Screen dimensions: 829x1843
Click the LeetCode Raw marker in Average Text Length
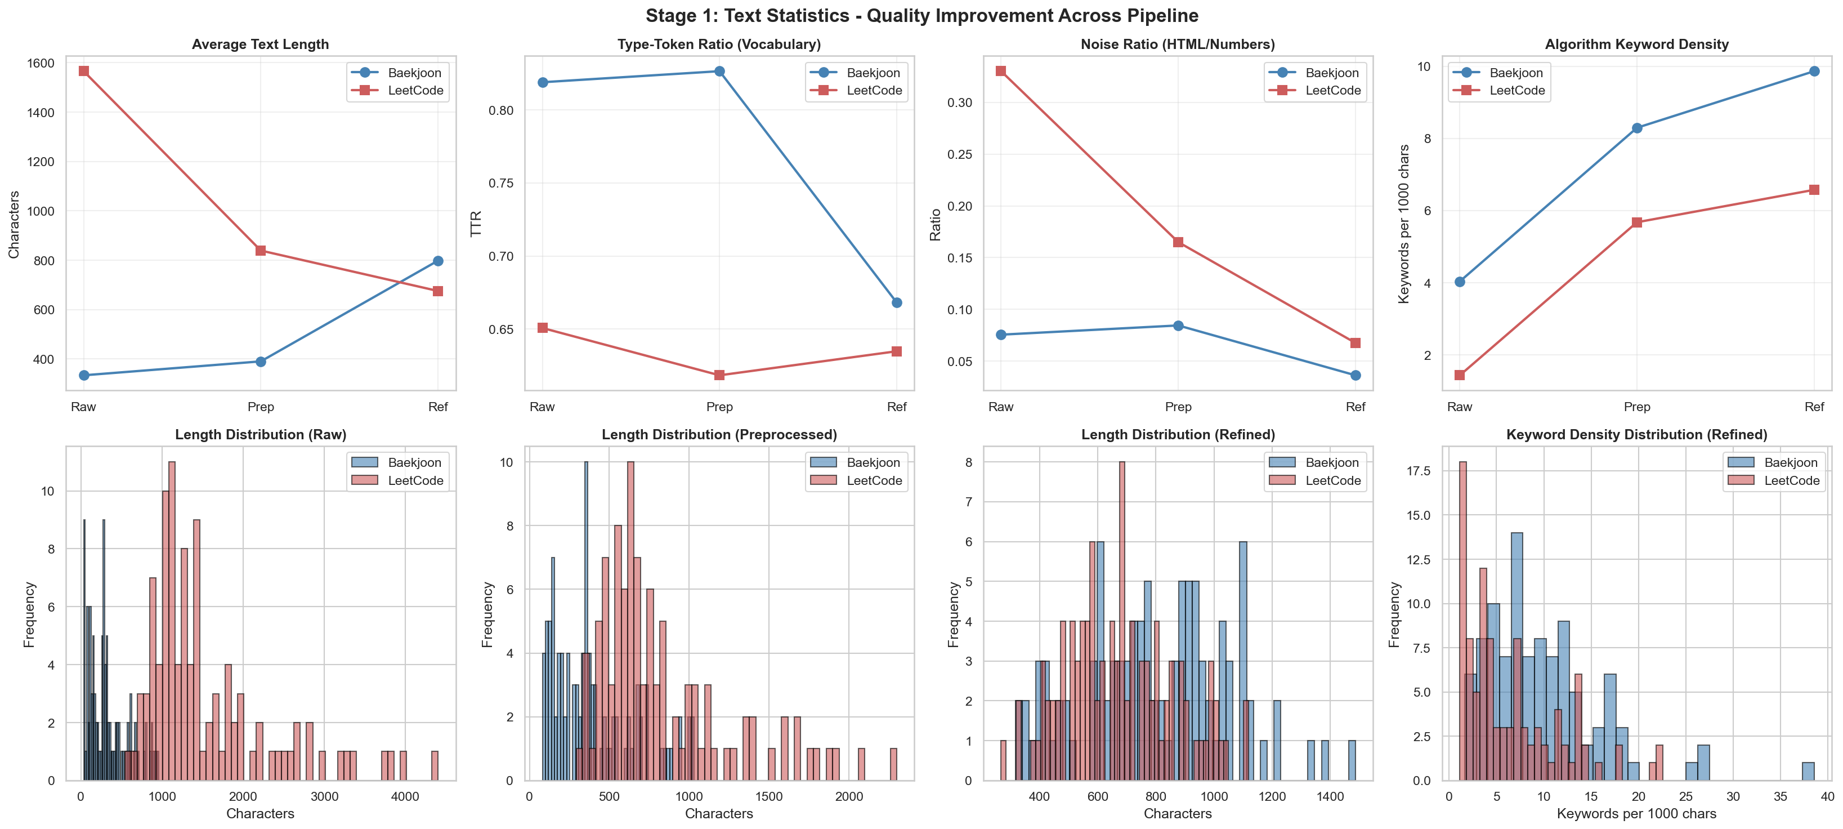tap(84, 71)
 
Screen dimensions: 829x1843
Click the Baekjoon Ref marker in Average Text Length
tap(438, 261)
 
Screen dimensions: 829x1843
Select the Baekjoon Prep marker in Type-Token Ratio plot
tap(720, 71)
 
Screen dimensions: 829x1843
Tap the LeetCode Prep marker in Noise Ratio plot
tap(1178, 242)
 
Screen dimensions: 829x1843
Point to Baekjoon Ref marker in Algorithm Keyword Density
tap(1814, 71)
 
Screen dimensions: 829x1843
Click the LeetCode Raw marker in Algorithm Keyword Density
tap(1460, 375)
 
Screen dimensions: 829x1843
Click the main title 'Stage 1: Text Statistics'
tap(921, 16)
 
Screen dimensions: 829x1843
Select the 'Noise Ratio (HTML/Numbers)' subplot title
tap(1178, 44)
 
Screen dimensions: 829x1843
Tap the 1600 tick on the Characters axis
tap(40, 63)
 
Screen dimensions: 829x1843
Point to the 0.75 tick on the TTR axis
tap(501, 183)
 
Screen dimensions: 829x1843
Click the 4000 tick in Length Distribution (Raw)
tap(405, 797)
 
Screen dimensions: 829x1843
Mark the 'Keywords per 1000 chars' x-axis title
tap(1637, 814)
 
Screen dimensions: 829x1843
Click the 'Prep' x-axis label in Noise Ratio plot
tap(1178, 407)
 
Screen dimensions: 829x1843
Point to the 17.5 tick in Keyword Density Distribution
tap(1419, 470)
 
